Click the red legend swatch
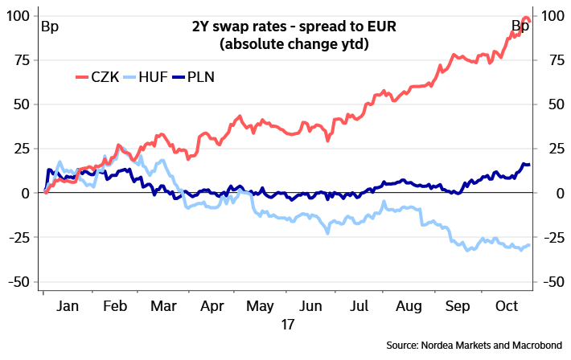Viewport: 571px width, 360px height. (82, 77)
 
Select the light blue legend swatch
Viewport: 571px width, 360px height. (129, 77)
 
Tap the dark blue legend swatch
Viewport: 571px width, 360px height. (179, 77)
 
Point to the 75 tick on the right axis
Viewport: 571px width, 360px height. (553, 60)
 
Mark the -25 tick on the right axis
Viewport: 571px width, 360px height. (553, 238)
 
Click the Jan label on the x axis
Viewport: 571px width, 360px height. (68, 306)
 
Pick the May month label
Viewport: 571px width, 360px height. (261, 306)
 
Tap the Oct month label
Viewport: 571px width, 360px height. (507, 306)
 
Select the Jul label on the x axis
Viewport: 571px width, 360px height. (359, 306)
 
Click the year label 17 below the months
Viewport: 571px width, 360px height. (286, 325)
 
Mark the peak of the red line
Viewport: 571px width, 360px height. (526, 17)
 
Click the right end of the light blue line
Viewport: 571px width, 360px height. (529, 245)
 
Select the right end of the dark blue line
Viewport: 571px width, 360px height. (529, 164)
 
